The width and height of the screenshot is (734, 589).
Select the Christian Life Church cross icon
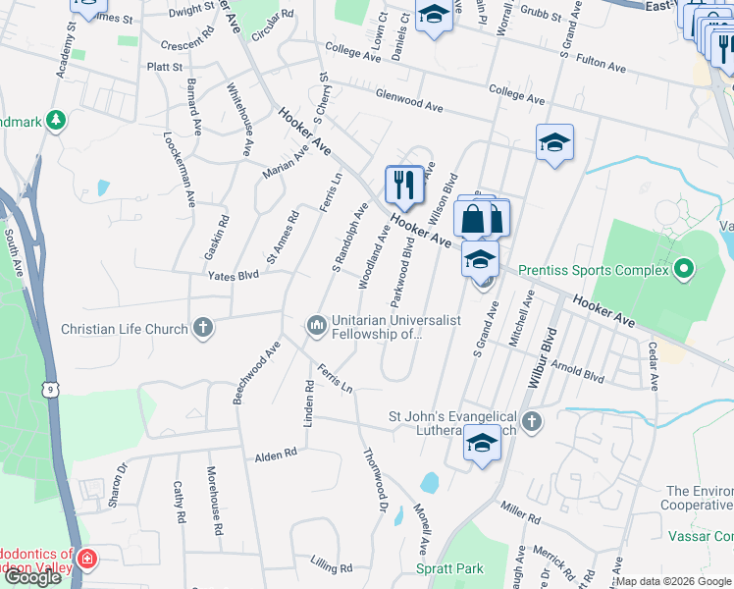[203, 328]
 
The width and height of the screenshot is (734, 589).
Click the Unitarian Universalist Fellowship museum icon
[316, 324]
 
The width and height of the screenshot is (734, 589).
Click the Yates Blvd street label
[233, 276]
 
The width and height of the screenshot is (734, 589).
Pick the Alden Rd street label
[276, 455]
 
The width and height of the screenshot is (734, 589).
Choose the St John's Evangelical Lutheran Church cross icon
[531, 422]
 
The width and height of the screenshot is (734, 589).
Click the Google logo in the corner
[32, 577]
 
